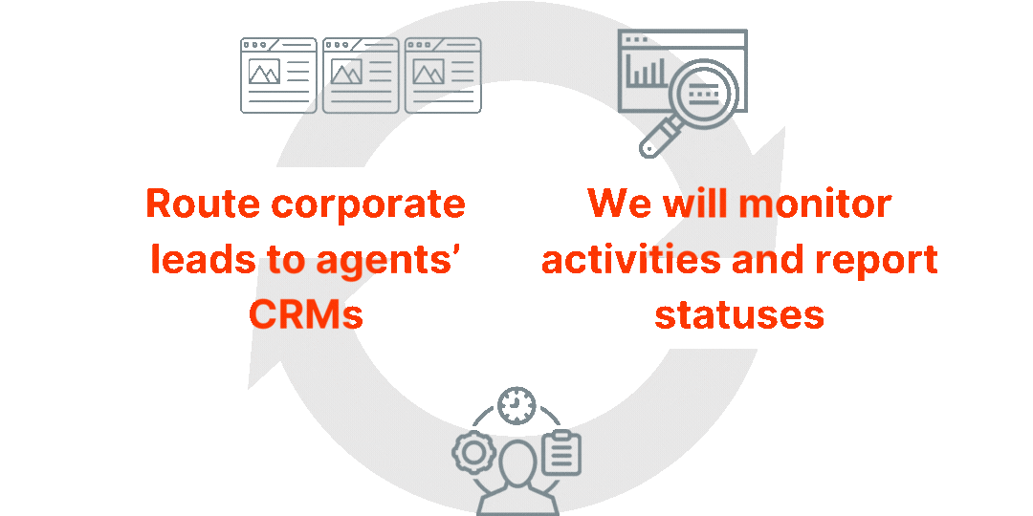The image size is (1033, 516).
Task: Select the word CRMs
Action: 308,314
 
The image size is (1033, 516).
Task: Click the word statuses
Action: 739,314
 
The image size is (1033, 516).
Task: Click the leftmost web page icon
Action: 278,75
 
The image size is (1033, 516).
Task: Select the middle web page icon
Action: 361,75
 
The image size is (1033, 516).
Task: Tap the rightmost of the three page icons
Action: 443,75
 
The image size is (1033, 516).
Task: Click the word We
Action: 614,204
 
